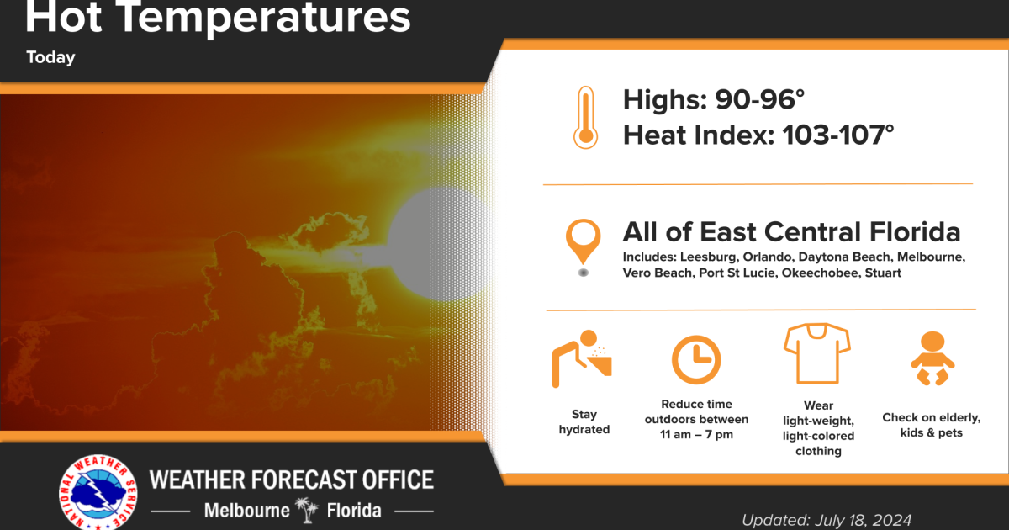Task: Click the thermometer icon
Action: (x=584, y=119)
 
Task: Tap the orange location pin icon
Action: (x=583, y=244)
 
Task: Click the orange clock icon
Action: (x=696, y=359)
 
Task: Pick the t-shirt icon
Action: (x=816, y=352)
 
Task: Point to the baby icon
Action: (x=931, y=358)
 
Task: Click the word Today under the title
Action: (x=50, y=58)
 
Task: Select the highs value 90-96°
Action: (x=760, y=99)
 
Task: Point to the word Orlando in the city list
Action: (x=760, y=256)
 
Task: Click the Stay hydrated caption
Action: (x=584, y=421)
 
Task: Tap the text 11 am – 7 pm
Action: (x=696, y=434)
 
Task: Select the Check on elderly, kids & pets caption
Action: (x=931, y=425)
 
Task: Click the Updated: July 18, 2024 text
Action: (x=826, y=519)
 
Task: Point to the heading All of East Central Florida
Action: (x=790, y=231)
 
